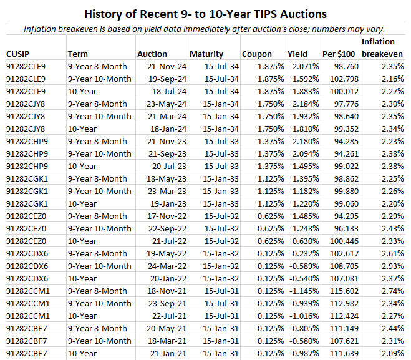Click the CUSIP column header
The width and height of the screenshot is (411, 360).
coord(19,54)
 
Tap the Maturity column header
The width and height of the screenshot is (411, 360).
coord(206,54)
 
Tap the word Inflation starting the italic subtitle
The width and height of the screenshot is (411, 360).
coord(41,29)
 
